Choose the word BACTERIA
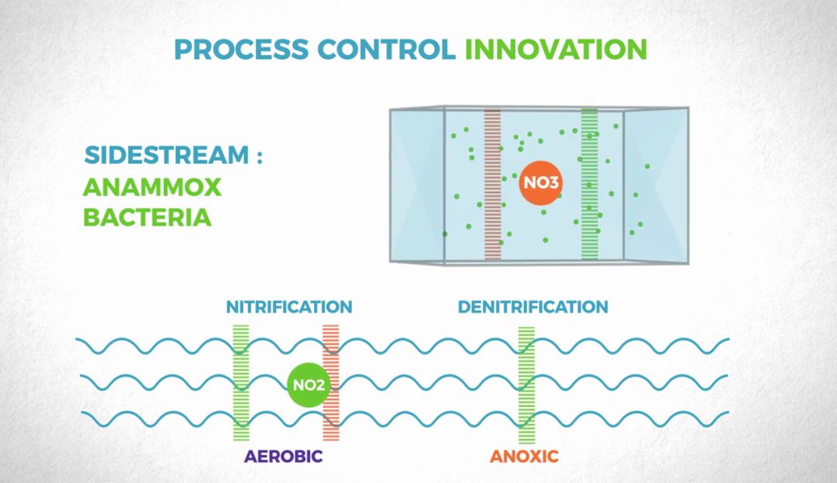147,217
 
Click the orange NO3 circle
541,184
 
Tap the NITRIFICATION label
289,307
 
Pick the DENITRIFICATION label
532,307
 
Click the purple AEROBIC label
283,456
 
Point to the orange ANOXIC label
524,456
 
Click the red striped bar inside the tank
493,182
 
